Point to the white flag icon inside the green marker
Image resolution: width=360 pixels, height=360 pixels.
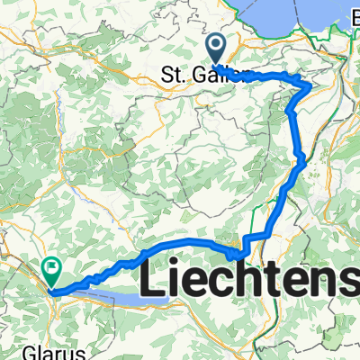coord(51,266)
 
